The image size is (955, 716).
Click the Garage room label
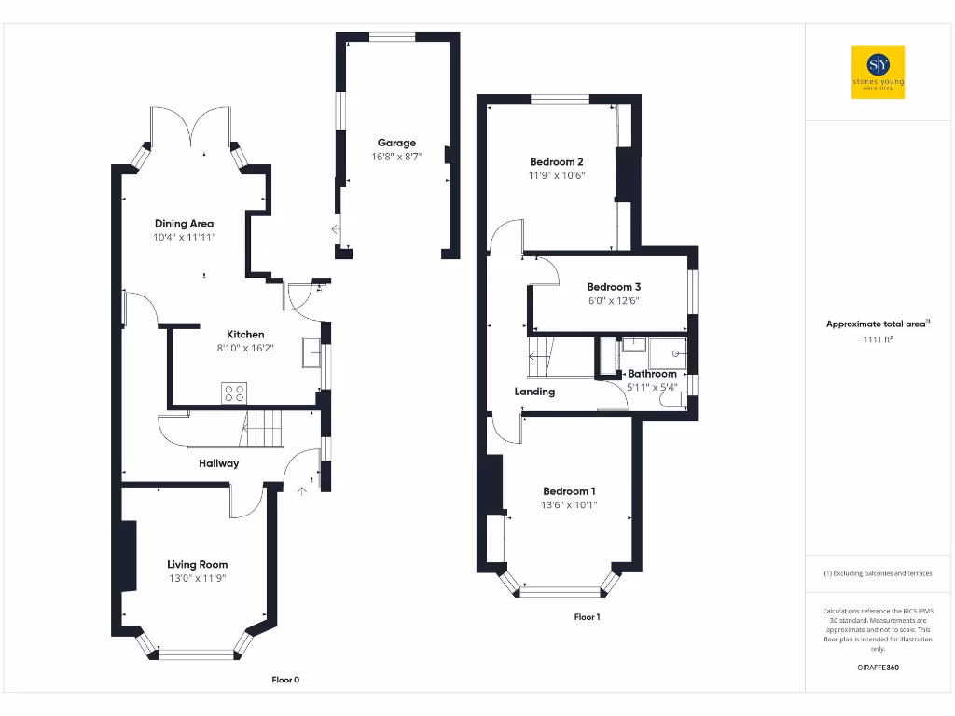pos(396,143)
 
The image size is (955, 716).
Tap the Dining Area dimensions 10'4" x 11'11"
pos(184,239)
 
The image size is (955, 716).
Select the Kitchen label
pos(245,334)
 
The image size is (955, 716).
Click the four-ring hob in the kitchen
pos(233,393)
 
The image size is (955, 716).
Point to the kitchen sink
pos(310,354)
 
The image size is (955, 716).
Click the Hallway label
pos(218,463)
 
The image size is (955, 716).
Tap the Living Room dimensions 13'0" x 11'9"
pos(197,578)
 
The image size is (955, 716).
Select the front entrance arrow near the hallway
pos(301,488)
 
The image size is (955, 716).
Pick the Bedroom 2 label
pos(557,161)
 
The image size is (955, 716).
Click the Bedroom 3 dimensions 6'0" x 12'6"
pos(613,301)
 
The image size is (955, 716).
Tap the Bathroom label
pos(652,374)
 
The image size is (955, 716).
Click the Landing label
pos(534,392)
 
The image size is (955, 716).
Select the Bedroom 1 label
pos(570,491)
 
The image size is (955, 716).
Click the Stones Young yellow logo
pos(878,72)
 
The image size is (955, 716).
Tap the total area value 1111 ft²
pos(878,340)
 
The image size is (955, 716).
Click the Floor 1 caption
pos(587,617)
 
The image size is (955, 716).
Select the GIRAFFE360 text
pos(878,668)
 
